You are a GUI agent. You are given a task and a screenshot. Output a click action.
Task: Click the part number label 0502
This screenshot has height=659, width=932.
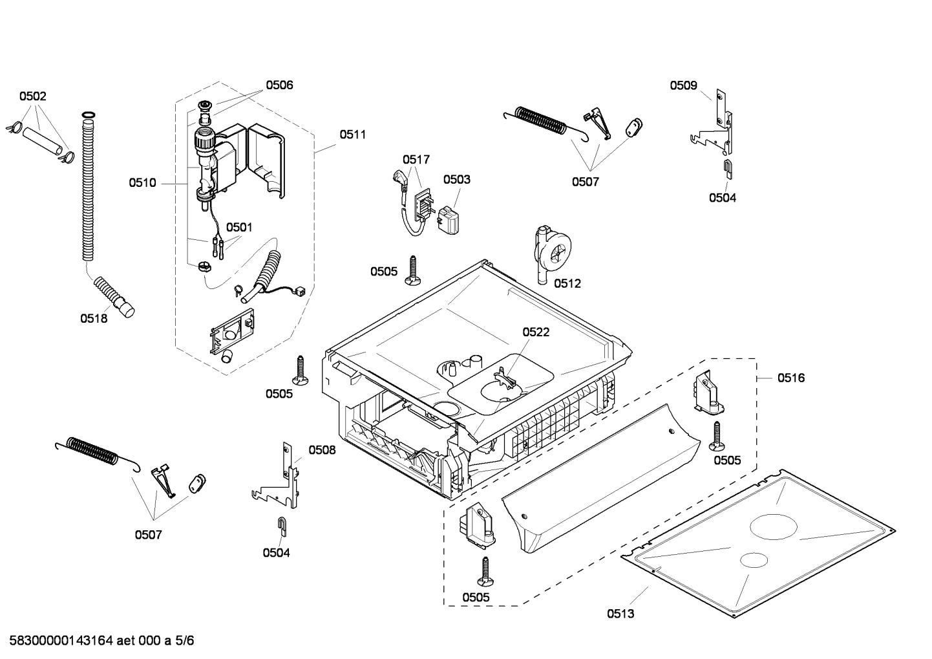(x=32, y=96)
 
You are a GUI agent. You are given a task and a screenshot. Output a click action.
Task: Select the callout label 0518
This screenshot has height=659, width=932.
(x=94, y=318)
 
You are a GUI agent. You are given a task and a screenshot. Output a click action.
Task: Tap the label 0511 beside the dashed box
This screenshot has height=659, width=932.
(x=353, y=135)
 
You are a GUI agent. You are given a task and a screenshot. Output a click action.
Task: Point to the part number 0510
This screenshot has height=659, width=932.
(x=142, y=183)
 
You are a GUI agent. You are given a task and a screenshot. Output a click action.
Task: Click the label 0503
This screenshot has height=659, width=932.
(x=456, y=179)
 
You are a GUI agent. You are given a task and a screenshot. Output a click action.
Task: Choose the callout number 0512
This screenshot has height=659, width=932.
(x=567, y=283)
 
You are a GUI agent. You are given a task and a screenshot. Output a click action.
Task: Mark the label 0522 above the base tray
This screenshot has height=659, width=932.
(x=536, y=332)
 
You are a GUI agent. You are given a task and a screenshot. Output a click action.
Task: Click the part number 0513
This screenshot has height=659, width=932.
(x=620, y=614)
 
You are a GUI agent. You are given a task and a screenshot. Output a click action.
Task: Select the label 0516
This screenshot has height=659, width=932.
(x=791, y=378)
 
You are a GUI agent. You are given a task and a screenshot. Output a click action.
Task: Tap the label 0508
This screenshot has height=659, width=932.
(x=322, y=449)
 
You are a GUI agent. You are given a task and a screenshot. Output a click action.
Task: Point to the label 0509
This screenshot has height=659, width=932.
(x=683, y=85)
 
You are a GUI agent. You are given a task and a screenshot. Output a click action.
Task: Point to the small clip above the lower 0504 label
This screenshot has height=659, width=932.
(x=282, y=526)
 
